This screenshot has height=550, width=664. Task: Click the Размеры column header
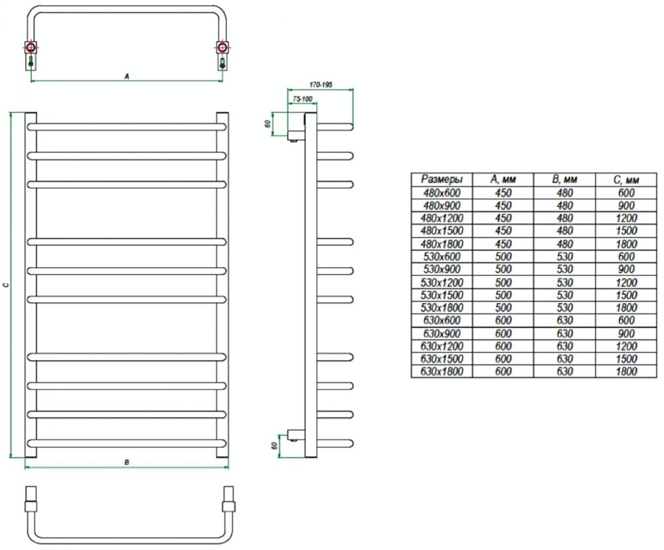click(442, 179)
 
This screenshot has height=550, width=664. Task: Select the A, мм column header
click(503, 179)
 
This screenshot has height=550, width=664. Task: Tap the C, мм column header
click(625, 179)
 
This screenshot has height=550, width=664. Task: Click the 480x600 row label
click(442, 193)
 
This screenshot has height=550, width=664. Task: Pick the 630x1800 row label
click(442, 371)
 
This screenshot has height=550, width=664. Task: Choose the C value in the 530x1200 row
click(625, 282)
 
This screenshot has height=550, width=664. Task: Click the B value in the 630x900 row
click(564, 333)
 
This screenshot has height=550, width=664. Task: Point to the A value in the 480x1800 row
click(503, 244)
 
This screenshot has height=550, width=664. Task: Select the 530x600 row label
click(442, 256)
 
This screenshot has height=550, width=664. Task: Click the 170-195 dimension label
click(321, 86)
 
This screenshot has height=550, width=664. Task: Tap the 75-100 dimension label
click(302, 99)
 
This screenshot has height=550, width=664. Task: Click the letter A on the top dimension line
click(126, 77)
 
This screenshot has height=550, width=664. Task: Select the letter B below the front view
click(126, 462)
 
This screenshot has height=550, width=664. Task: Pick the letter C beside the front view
click(6, 285)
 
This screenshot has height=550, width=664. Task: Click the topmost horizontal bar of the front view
click(126, 126)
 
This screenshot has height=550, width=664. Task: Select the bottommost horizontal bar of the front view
click(126, 442)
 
